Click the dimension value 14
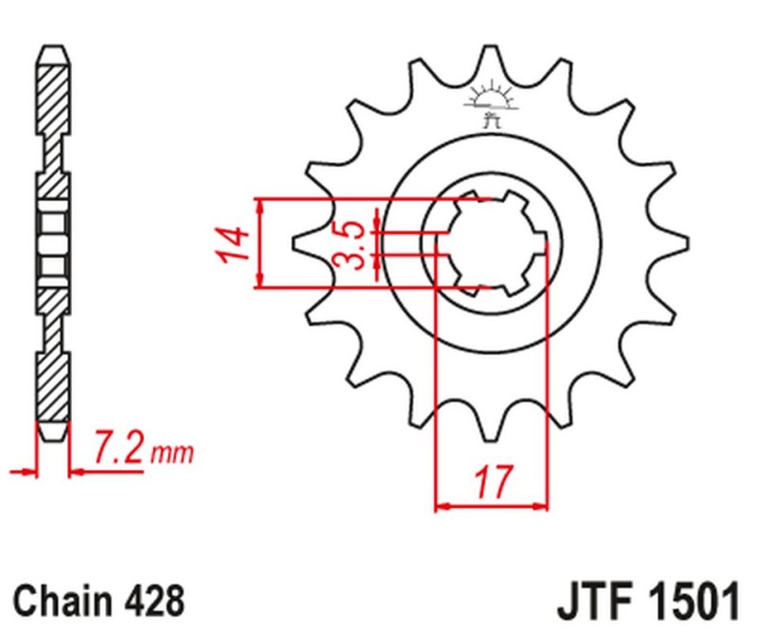click(x=234, y=244)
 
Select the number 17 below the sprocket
click(x=490, y=482)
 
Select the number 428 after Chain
click(x=152, y=601)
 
